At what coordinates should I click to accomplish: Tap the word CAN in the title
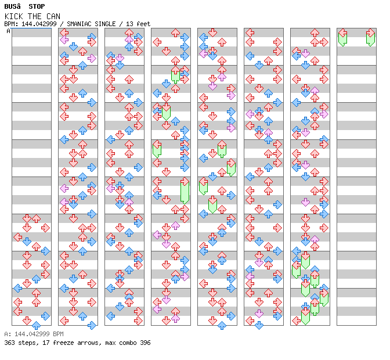coord(52,16)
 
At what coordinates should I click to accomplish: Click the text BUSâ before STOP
coord(13,6)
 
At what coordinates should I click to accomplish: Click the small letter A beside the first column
coord(8,31)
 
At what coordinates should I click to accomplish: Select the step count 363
coord(9,343)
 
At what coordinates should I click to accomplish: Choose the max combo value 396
coord(145,343)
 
